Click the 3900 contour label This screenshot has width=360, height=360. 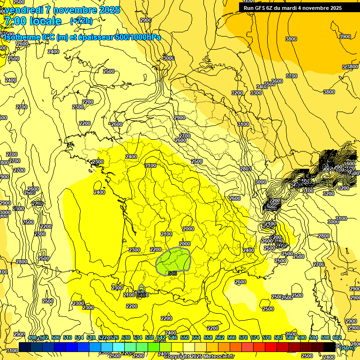345,37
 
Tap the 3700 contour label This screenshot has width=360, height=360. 292,76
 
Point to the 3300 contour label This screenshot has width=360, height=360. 256,93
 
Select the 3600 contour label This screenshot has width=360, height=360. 277,81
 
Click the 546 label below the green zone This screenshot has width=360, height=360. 172,273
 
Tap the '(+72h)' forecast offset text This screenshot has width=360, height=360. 81,21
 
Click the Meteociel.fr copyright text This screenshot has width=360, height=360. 199,357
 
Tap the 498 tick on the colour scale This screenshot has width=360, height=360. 32,337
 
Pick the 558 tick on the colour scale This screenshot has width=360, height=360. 208,337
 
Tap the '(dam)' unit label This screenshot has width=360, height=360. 347,347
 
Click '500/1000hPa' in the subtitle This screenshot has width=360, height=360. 139,37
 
